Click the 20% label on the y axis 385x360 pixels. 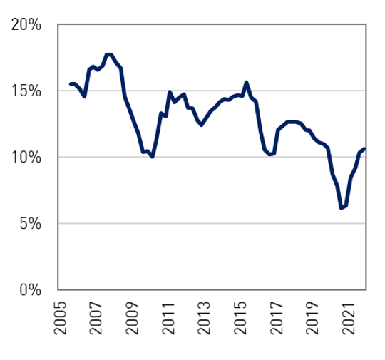26,25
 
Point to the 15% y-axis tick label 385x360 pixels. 26,91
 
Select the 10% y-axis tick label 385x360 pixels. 26,158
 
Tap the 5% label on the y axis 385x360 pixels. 31,224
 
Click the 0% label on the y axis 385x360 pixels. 31,290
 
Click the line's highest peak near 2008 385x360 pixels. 108,54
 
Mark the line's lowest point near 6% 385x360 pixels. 341,208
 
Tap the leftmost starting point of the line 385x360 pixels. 70,84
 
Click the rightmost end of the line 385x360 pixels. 365,149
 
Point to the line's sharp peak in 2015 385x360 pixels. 246,82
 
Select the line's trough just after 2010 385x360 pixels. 153,156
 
